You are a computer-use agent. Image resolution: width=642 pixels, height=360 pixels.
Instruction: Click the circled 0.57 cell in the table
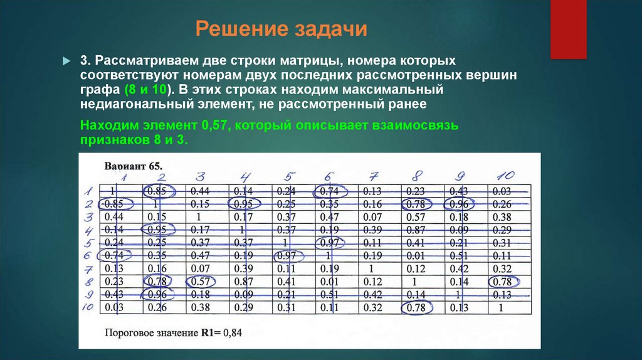pyautogui.click(x=200, y=282)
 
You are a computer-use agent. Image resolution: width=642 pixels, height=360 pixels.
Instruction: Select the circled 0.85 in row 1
pyautogui.click(x=156, y=191)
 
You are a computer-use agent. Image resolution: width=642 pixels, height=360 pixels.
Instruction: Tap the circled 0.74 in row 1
pyautogui.click(x=329, y=191)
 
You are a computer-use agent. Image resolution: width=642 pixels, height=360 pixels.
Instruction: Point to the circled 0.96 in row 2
pyautogui.click(x=458, y=204)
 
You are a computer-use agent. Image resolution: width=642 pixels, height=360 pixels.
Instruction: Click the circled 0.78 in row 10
pyautogui.click(x=416, y=308)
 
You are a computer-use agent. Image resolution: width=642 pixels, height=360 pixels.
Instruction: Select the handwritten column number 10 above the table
pyautogui.click(x=505, y=175)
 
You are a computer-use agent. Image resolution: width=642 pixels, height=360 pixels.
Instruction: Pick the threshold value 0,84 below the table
pyautogui.click(x=232, y=332)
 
